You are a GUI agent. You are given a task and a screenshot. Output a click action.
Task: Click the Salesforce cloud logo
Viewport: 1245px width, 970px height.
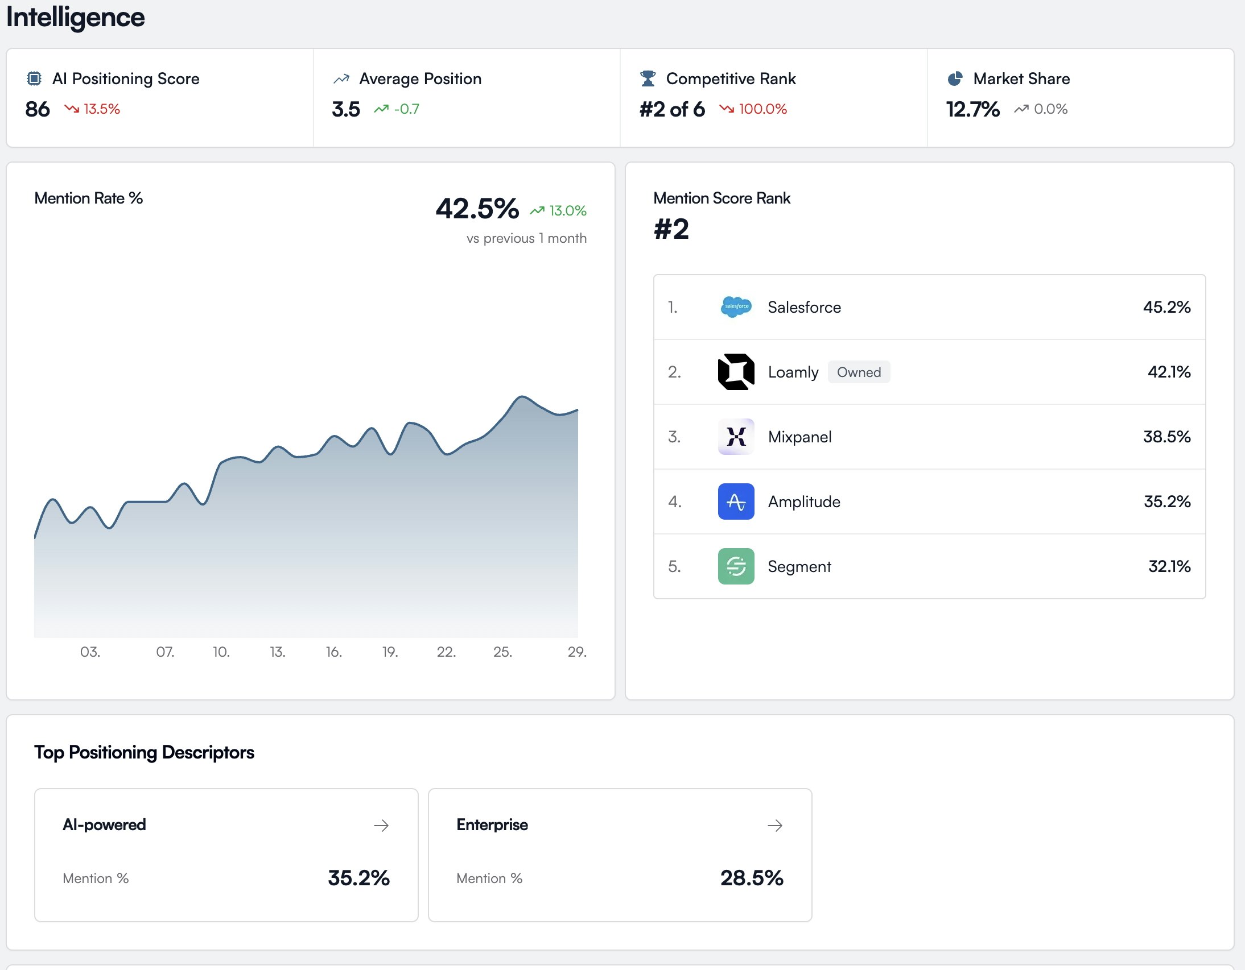pos(736,307)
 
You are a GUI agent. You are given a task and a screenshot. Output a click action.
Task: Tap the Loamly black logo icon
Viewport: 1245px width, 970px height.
pos(736,372)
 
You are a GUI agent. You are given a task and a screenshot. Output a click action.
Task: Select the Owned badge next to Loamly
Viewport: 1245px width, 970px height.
pos(859,372)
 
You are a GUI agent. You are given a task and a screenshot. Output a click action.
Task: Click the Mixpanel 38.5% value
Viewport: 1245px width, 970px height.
pos(1166,437)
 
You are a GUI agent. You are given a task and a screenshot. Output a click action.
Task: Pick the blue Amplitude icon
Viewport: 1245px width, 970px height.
pos(736,502)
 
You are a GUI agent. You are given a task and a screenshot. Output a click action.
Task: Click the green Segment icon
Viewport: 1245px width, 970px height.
pos(736,566)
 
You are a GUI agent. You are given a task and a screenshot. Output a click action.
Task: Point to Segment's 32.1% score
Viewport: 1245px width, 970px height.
pos(1169,566)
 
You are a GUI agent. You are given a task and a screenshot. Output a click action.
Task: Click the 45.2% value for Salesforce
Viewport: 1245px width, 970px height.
pos(1166,307)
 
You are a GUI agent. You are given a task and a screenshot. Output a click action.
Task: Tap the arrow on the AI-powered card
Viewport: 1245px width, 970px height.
pos(381,826)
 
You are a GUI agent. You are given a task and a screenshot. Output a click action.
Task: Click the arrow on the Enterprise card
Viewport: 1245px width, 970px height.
pos(774,826)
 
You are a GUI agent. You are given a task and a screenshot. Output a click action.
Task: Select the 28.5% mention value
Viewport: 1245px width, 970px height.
pos(751,878)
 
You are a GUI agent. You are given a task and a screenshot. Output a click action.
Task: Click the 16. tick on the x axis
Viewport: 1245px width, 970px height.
pos(333,652)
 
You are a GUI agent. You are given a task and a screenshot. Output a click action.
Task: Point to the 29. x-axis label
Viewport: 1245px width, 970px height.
pos(577,652)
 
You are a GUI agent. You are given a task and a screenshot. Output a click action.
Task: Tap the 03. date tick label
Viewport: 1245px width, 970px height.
pos(90,652)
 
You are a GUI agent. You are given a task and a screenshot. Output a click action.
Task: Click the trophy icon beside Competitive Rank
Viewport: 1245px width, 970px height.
pos(648,78)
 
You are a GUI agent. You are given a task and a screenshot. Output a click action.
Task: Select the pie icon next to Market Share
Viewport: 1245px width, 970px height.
pos(955,78)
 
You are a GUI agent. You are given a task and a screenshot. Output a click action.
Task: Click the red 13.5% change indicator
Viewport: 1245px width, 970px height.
pos(93,109)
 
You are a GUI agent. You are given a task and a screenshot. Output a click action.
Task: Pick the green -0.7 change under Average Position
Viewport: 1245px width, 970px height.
pos(397,109)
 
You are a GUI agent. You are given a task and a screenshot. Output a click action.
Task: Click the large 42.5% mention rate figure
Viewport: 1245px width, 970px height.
pos(477,209)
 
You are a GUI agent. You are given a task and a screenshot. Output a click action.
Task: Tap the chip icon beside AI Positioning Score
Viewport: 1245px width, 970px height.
pos(34,78)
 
